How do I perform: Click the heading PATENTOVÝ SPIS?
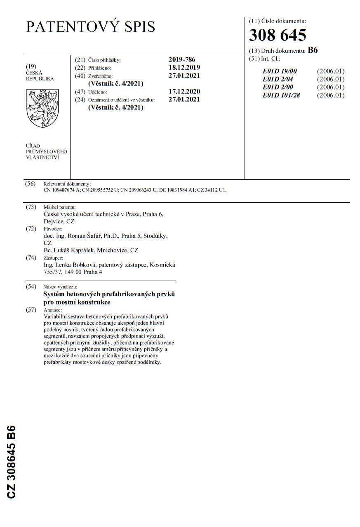[x=91, y=27]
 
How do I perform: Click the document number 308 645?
[x=277, y=36]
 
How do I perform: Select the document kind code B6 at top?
[x=313, y=50]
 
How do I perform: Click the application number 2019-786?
[x=182, y=60]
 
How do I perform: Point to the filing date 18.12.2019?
[x=184, y=68]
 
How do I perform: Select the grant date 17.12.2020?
[x=184, y=91]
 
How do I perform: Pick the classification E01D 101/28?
[x=282, y=95]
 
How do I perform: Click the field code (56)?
[x=31, y=184]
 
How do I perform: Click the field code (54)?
[x=31, y=287]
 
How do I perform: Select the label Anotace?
[x=53, y=310]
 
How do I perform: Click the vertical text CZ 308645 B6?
[x=11, y=461]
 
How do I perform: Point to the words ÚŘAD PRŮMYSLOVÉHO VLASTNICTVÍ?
[x=46, y=151]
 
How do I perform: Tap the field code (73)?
[x=31, y=207]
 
